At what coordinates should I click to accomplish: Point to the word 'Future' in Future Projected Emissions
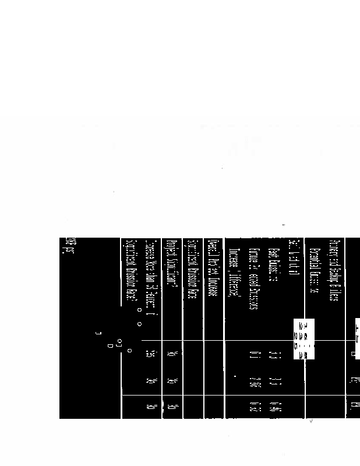(253, 257)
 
